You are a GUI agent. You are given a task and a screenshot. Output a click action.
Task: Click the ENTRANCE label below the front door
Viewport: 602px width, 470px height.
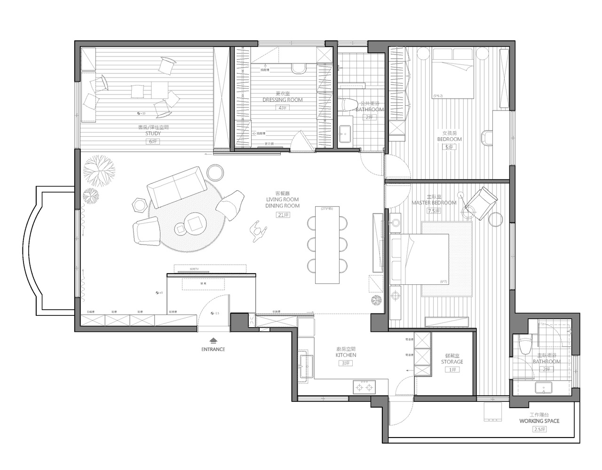pos(213,349)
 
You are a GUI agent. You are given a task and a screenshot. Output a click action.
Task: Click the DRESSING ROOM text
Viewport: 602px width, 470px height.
pos(282,100)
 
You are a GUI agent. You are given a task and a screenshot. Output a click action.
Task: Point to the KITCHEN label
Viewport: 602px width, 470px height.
pos(346,355)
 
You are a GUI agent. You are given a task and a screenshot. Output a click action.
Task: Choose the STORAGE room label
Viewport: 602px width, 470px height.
pos(452,362)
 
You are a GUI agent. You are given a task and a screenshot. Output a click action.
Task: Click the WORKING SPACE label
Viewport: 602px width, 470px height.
pos(539,421)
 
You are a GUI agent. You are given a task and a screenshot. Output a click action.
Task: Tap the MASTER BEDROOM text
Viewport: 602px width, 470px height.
pos(434,203)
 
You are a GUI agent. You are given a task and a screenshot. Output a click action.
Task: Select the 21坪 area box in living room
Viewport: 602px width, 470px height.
pos(282,214)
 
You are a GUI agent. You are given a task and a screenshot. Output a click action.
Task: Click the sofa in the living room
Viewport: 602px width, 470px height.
pos(176,189)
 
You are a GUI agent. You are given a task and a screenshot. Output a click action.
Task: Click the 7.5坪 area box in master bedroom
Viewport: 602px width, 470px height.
pos(433,211)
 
